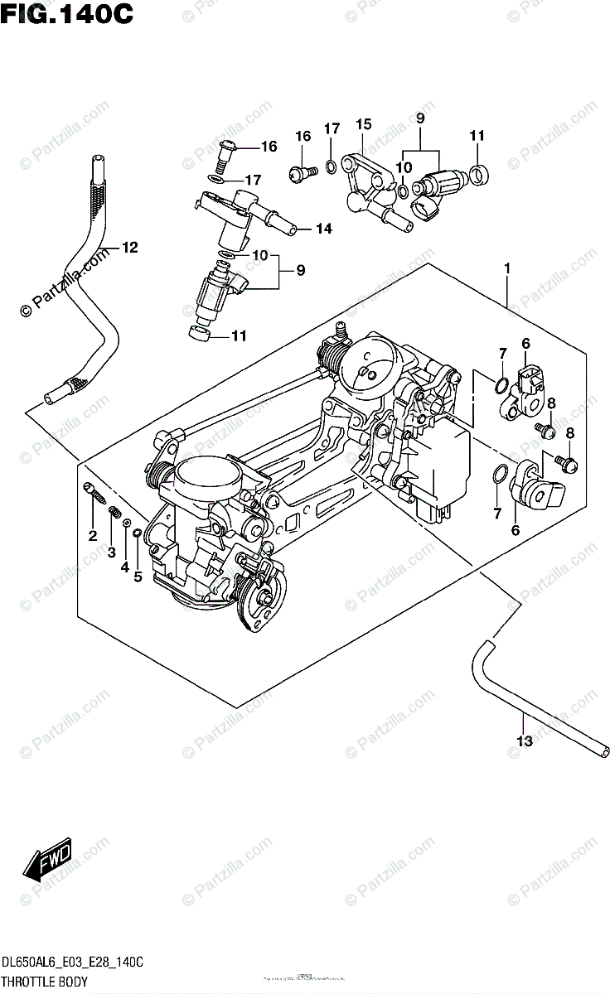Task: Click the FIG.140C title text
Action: tap(66, 14)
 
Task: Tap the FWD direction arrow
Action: tap(49, 862)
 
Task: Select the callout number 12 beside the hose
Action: tap(129, 247)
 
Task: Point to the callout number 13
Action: tap(524, 741)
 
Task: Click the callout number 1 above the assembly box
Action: tap(506, 268)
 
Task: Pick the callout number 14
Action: tap(322, 229)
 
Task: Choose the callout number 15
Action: tap(364, 124)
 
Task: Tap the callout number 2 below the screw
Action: tap(93, 535)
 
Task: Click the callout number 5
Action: tap(138, 577)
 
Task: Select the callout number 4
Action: tap(124, 567)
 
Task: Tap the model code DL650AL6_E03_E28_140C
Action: tap(72, 963)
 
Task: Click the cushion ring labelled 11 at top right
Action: tap(478, 174)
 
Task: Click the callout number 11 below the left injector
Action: tap(240, 336)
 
